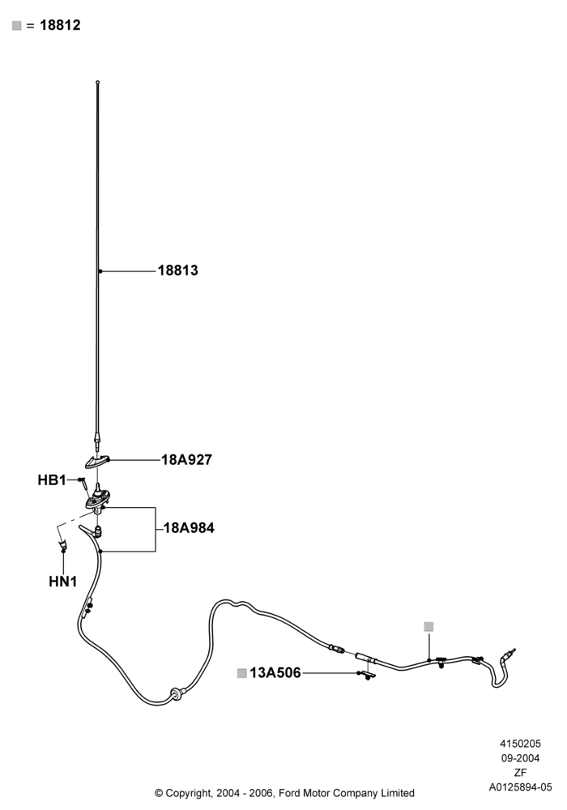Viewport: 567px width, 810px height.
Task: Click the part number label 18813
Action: pos(177,271)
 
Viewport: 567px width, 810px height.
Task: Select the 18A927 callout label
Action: pos(186,459)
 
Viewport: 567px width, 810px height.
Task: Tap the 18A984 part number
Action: pos(189,528)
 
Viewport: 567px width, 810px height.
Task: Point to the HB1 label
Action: pos(52,480)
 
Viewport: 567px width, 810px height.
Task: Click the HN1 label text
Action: pos(63,581)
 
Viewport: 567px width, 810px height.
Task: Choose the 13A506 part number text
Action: pos(275,672)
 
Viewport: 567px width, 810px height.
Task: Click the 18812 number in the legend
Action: pos(60,25)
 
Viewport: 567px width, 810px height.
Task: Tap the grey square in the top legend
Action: pos(16,25)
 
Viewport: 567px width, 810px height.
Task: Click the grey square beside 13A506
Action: pos(241,673)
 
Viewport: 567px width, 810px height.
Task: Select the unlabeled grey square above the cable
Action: pos(428,627)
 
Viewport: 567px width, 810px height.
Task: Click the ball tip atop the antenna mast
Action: pos(97,82)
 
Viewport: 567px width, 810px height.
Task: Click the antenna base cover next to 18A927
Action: pos(97,459)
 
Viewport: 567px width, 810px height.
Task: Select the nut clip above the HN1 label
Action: pos(63,544)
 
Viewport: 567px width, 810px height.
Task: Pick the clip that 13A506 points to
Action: pos(369,676)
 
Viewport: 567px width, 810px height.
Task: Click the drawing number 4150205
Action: pos(520,744)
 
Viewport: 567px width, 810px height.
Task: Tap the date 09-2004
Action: pos(520,758)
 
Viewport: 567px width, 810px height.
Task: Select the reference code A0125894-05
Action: pos(520,787)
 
